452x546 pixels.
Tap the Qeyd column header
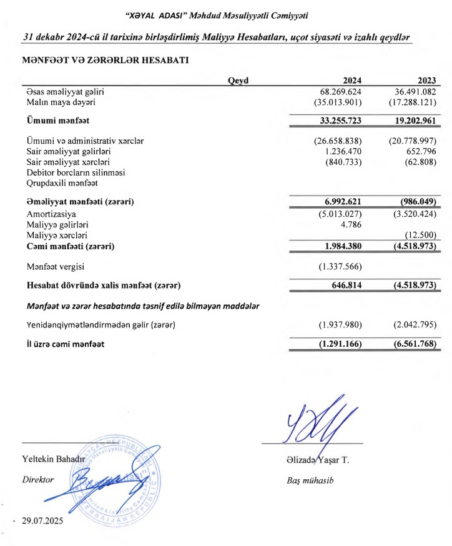(x=238, y=79)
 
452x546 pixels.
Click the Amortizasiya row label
(x=47, y=214)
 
